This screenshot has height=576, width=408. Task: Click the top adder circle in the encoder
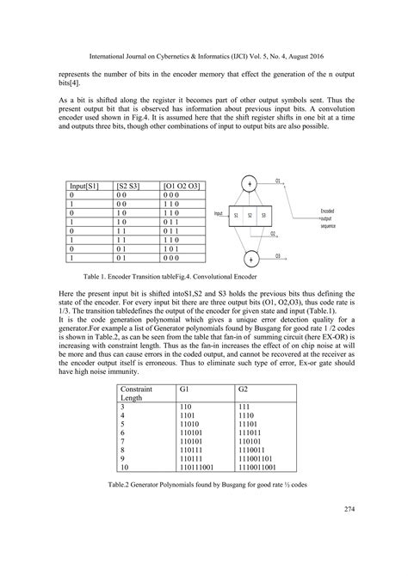(250, 184)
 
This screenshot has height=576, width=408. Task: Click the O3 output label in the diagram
(278, 255)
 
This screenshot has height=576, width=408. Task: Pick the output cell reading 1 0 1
(176, 247)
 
